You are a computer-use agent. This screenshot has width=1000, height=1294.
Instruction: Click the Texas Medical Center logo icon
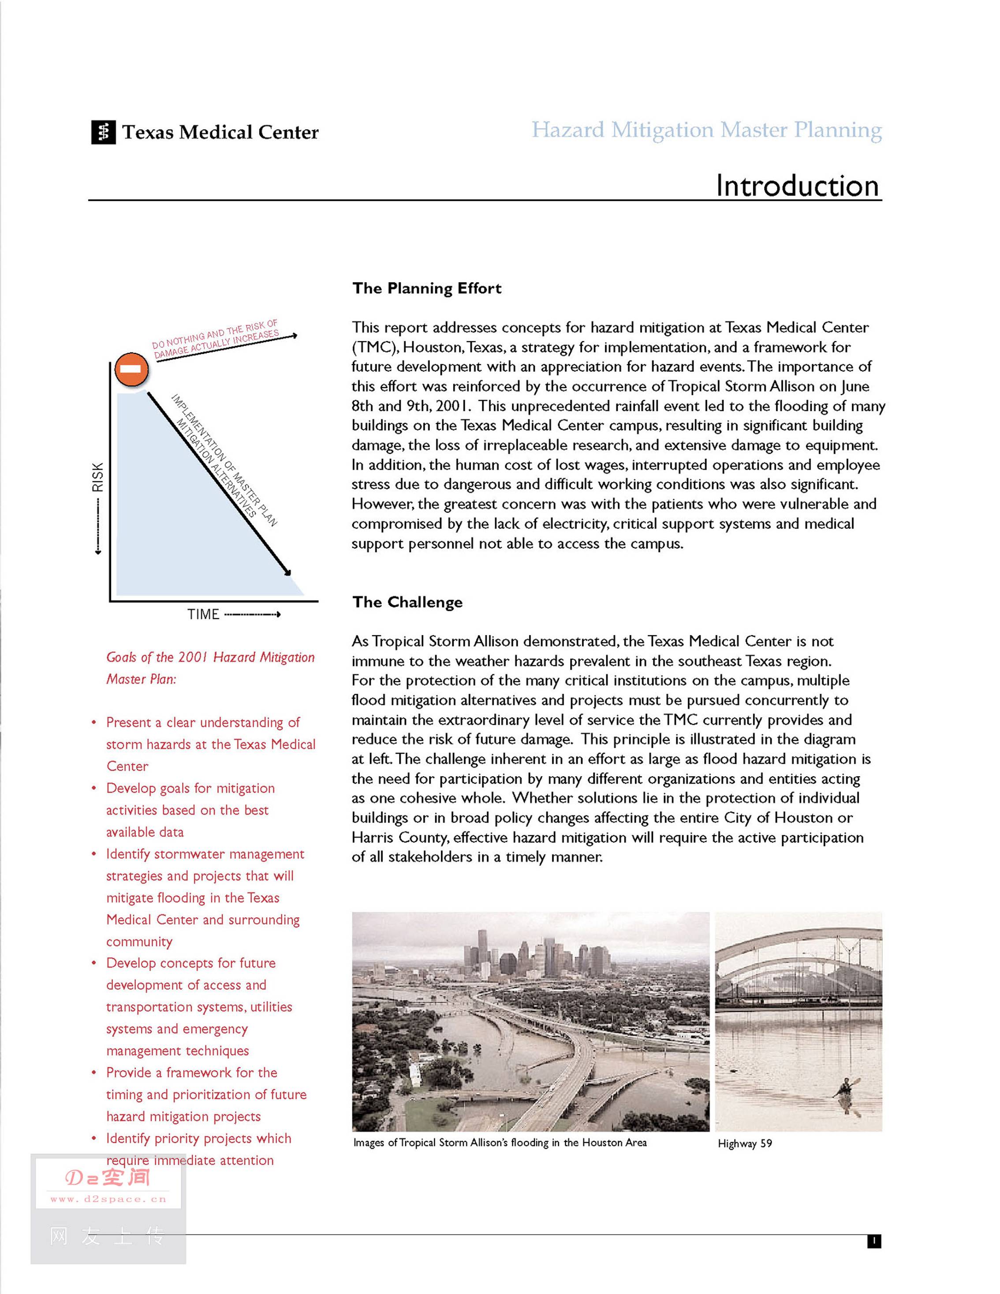pos(103,132)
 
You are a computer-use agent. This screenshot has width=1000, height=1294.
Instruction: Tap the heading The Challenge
pos(407,602)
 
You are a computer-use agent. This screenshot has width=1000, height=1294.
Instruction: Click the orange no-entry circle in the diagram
pos(131,369)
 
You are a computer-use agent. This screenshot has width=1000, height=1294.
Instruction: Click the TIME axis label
pos(203,614)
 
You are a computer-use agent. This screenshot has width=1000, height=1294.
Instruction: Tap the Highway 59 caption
pos(745,1144)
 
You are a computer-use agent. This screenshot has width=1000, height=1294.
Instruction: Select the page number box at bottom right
pos(874,1241)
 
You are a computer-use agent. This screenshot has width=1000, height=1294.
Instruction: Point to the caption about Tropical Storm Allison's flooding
pos(500,1143)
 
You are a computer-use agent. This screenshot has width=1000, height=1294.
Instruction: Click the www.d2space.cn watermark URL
pos(108,1199)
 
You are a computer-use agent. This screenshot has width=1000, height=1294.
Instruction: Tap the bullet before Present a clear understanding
pos(93,723)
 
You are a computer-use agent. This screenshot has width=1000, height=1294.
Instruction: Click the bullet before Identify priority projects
pos(93,1139)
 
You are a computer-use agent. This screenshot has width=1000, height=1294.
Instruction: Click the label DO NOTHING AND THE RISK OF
pos(214,334)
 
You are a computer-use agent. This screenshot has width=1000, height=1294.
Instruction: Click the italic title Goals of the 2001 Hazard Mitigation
pos(210,657)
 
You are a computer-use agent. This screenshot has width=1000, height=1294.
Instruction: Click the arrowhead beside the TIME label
pos(278,614)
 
